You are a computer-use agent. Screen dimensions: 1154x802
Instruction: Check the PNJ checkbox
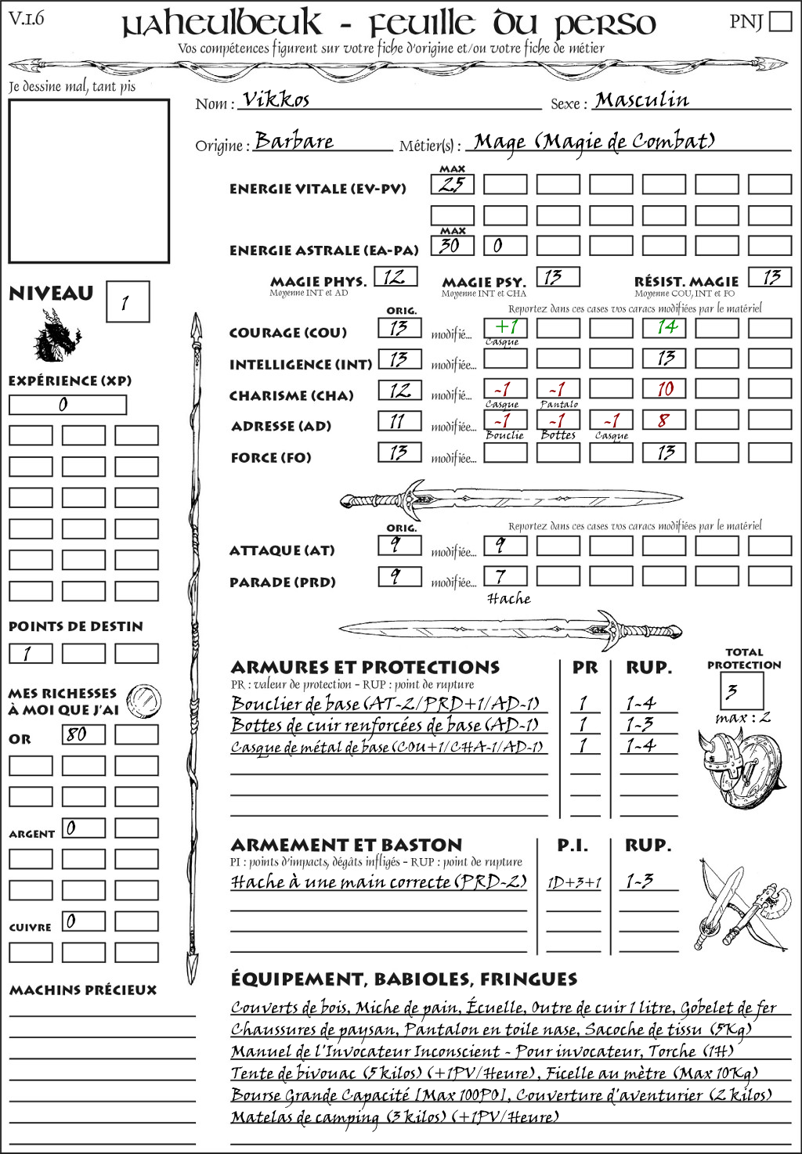(780, 21)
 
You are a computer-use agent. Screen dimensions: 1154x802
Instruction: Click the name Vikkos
(276, 99)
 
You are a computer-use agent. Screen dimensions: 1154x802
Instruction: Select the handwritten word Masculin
(641, 100)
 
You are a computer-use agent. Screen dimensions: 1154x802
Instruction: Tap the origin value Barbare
(294, 141)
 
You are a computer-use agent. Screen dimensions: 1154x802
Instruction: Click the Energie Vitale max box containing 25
(452, 185)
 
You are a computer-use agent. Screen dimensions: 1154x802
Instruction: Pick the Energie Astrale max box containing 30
(452, 245)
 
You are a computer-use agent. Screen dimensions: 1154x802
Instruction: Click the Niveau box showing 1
(127, 301)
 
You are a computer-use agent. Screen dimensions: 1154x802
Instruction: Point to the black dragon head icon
(57, 336)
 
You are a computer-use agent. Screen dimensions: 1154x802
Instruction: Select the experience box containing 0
(67, 405)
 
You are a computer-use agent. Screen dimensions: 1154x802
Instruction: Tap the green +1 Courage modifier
(505, 327)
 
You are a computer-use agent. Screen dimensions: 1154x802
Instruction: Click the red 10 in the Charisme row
(665, 389)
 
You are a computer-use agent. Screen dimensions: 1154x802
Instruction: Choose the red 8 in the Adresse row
(664, 420)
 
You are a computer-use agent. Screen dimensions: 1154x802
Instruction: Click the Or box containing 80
(83, 734)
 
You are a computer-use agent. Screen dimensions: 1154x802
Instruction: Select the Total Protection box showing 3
(741, 691)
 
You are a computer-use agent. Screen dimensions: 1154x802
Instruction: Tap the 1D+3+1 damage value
(574, 883)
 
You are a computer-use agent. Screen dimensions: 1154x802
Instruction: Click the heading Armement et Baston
(346, 845)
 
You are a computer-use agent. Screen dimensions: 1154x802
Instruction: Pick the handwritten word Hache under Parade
(508, 599)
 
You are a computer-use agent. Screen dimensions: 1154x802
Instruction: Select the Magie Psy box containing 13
(558, 277)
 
